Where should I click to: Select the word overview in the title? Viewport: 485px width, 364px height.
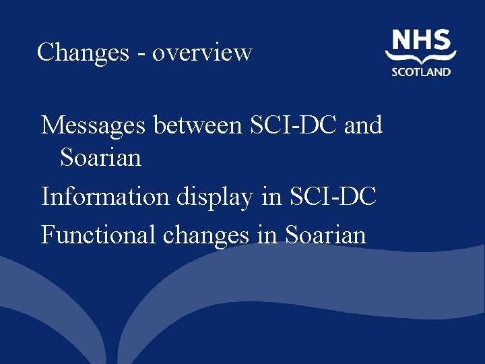tap(202, 52)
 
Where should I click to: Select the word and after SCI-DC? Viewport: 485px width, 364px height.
tap(363, 125)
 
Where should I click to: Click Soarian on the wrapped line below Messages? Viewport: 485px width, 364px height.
tap(100, 158)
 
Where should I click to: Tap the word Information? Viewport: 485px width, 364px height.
tap(98, 197)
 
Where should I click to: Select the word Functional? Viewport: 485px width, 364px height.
tap(90, 235)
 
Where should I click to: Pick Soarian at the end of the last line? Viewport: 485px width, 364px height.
tap(325, 235)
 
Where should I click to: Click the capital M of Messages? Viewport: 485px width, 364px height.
tap(51, 125)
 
